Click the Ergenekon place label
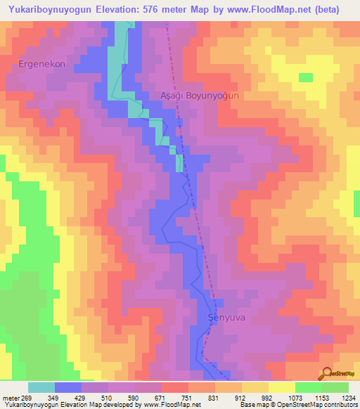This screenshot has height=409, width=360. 41,64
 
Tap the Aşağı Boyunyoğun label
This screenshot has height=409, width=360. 200,96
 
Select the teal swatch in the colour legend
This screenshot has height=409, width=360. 41,387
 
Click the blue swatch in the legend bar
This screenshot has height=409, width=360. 68,387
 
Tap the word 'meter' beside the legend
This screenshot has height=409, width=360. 10,398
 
